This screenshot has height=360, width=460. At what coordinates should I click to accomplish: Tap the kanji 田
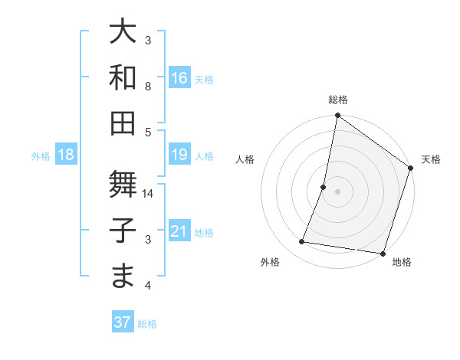(123, 123)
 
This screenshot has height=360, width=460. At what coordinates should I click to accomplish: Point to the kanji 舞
(123, 185)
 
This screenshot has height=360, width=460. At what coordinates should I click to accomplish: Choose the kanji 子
(123, 230)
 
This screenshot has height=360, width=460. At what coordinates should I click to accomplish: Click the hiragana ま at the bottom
(123, 276)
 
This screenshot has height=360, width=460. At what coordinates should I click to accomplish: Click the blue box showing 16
(179, 77)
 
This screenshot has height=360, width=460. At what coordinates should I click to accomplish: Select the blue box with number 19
(179, 155)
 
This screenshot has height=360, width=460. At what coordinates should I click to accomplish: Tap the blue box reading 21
(179, 231)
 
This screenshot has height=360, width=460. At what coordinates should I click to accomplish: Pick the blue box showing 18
(66, 155)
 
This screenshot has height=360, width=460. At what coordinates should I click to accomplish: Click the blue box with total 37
(122, 322)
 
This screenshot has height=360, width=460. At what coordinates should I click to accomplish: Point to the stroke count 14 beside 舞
(148, 194)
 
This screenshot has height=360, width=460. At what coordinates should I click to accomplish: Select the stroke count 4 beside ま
(148, 286)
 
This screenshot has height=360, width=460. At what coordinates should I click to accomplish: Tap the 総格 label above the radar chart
(337, 100)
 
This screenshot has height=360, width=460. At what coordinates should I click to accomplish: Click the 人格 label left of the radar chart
(245, 160)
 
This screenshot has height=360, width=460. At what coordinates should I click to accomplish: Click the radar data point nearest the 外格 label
(302, 242)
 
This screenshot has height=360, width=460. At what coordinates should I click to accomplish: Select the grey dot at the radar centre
(337, 191)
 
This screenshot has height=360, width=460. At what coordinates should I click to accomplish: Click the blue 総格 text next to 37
(147, 324)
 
